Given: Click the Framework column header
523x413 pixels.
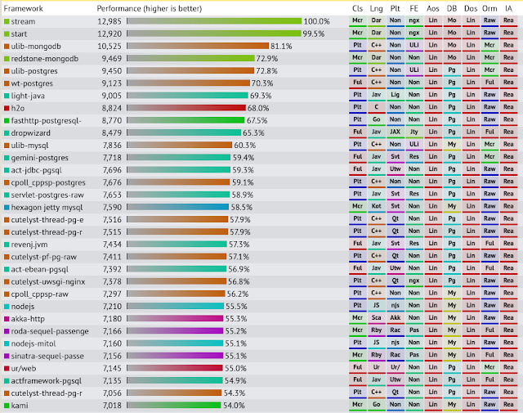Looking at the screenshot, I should [25, 7].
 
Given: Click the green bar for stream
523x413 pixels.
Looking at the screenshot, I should [212, 21].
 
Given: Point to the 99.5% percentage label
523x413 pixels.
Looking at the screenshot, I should [313, 34].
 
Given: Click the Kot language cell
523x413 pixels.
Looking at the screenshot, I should [377, 207].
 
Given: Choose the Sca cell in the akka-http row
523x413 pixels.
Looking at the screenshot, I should [377, 318].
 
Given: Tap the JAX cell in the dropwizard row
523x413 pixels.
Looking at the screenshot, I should [396, 132].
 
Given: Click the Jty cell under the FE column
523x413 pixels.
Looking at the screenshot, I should [414, 132].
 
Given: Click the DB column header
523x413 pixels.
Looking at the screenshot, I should [452, 7].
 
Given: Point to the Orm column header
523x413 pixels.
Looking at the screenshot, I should [489, 7].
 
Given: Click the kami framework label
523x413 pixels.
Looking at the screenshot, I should [20, 405].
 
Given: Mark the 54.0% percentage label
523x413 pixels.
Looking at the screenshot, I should [235, 405].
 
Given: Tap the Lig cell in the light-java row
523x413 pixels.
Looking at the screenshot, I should [396, 96].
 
